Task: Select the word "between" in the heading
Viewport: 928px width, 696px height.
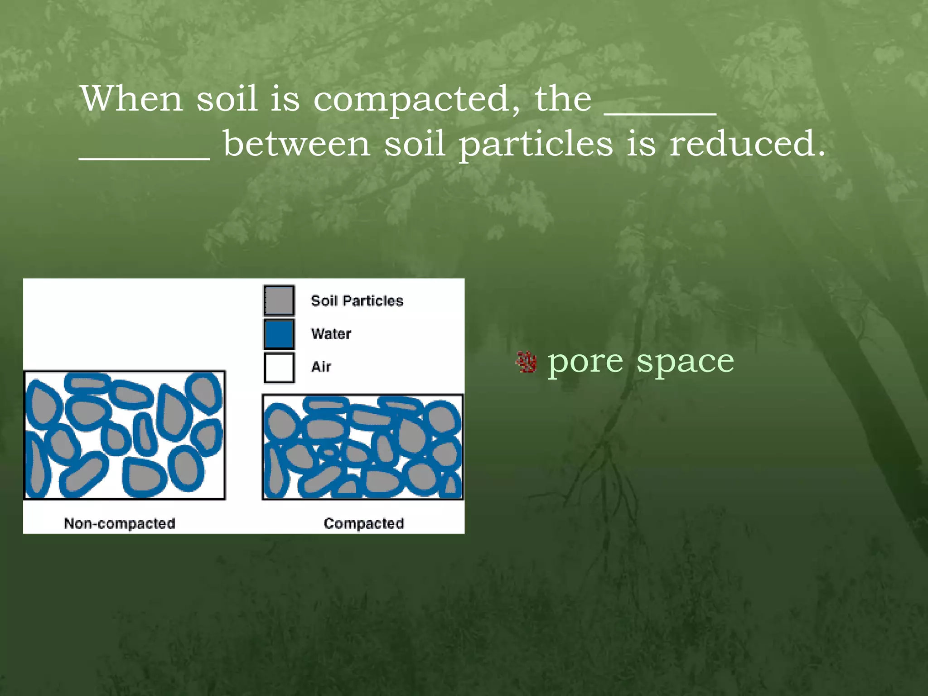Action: click(297, 144)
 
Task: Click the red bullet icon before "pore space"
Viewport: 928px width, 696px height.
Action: click(527, 362)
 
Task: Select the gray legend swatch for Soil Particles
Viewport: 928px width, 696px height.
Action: click(279, 300)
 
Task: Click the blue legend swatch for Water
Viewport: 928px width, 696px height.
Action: click(279, 334)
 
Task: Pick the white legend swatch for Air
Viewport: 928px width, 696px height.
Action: click(279, 367)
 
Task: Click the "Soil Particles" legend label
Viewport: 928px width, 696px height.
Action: click(357, 300)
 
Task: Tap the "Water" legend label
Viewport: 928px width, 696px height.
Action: click(331, 334)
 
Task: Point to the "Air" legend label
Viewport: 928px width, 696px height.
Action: click(321, 367)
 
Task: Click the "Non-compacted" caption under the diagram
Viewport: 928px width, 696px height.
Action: click(120, 523)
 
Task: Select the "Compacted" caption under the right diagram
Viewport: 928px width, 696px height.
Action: click(364, 523)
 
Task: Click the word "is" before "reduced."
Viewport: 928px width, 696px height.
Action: click(641, 144)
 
